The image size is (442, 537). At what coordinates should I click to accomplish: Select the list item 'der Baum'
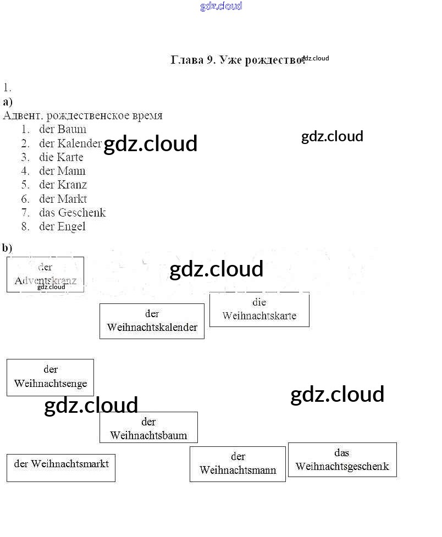click(x=62, y=130)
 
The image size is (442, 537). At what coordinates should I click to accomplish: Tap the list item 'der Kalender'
click(x=70, y=143)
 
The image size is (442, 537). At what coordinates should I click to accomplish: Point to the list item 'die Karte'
click(x=61, y=157)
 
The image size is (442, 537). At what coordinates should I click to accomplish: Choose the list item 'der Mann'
click(x=62, y=171)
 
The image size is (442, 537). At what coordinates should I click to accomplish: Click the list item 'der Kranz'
click(x=63, y=185)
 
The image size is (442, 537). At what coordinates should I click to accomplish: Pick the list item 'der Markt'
click(x=63, y=199)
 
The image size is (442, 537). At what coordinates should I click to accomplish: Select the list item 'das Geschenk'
click(x=72, y=213)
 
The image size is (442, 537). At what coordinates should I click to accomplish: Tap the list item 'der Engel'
click(x=62, y=226)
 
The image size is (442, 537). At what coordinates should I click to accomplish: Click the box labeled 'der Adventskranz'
click(x=45, y=274)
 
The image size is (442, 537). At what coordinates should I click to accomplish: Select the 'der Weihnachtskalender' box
click(x=152, y=321)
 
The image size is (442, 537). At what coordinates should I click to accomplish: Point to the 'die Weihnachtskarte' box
click(x=259, y=309)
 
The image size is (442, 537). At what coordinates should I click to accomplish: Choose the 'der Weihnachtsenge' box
click(x=50, y=377)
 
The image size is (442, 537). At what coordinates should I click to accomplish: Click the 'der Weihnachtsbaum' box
click(x=148, y=428)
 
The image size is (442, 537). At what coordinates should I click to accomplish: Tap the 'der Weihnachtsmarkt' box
click(x=61, y=468)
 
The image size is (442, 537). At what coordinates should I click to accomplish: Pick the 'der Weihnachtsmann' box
click(x=237, y=464)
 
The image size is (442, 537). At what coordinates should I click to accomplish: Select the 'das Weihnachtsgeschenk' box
click(x=342, y=460)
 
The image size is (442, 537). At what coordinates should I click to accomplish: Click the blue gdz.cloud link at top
click(x=221, y=7)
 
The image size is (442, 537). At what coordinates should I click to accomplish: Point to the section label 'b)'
click(x=7, y=248)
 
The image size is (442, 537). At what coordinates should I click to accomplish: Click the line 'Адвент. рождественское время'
click(x=82, y=115)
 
